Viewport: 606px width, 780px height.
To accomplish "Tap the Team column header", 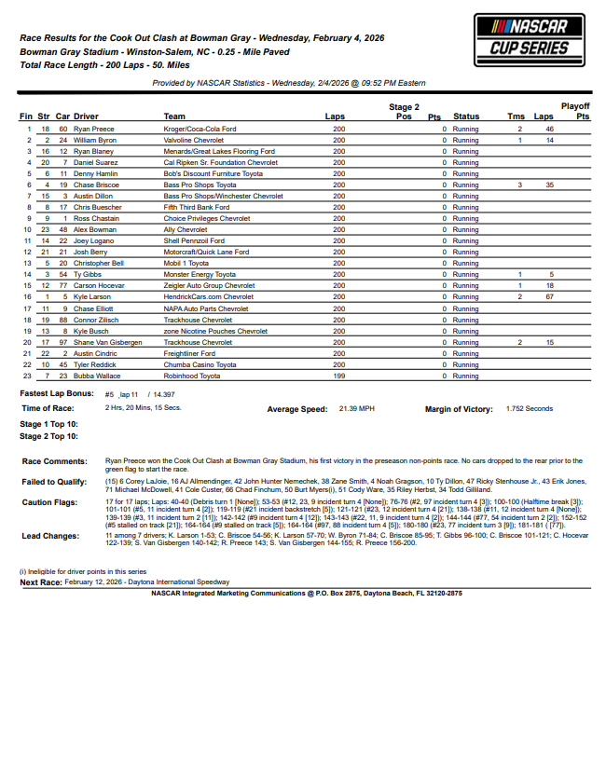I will [174, 116].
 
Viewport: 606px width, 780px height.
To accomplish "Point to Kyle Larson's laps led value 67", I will [549, 295].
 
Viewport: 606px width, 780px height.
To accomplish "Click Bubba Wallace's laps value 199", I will [338, 376].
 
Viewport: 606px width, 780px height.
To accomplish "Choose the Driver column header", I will [86, 116].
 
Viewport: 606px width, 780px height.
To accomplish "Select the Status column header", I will [466, 116].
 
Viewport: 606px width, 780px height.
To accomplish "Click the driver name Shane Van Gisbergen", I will [107, 342].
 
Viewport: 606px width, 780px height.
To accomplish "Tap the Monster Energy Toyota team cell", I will [200, 275].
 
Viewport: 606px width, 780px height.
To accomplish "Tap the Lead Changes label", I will [49, 537].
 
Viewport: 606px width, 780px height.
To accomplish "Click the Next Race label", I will [41, 581].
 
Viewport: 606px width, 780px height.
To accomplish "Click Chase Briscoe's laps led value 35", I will [549, 185].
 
